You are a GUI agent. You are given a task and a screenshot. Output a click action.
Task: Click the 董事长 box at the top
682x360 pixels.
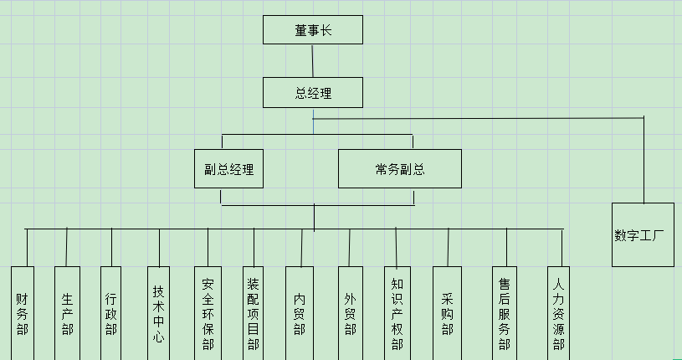coord(313,30)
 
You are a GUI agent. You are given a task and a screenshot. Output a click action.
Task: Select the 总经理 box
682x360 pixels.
coord(313,93)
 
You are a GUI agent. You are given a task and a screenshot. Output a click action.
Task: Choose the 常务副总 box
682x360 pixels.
coord(399,168)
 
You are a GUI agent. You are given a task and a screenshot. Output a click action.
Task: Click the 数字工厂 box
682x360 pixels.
coord(643,234)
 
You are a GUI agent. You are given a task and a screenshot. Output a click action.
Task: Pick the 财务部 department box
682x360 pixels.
coord(23,313)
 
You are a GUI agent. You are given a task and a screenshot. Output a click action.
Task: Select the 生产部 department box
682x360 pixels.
coord(67,313)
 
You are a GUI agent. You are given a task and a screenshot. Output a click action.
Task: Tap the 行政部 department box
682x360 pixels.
coord(111,313)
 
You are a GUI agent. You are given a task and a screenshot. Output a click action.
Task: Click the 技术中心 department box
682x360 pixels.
coord(158,313)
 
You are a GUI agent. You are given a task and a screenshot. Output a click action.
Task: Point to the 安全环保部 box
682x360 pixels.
coord(208,313)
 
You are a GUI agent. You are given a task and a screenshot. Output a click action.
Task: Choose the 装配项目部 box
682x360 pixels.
coord(254,313)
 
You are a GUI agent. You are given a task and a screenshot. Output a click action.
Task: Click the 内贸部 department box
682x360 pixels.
coord(300,313)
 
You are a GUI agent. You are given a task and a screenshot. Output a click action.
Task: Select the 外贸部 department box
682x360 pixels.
coord(350,313)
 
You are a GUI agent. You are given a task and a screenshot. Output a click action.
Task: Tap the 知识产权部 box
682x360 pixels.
coord(397,313)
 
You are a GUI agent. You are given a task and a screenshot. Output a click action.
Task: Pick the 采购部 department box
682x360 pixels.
coord(447,313)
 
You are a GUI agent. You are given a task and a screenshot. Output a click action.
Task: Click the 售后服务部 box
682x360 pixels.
coord(505,313)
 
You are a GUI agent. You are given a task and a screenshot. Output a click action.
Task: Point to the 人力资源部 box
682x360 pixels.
coord(558,313)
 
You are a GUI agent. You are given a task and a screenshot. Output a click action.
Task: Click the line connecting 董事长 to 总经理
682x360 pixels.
coord(313,61)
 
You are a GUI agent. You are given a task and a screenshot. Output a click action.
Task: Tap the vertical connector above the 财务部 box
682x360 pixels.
coord(27,248)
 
